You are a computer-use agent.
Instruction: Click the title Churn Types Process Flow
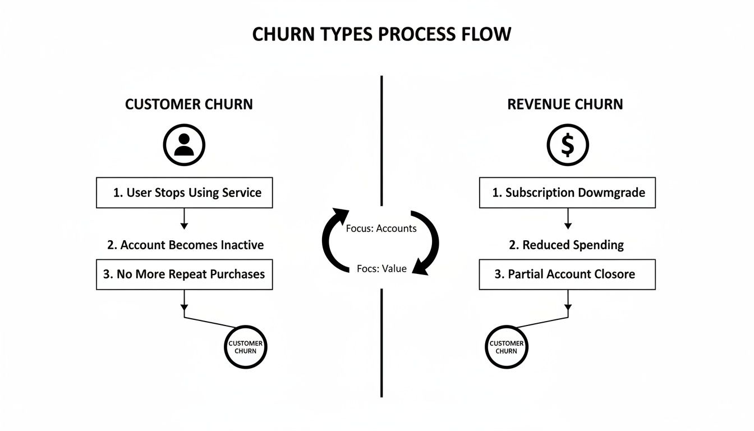[381, 34]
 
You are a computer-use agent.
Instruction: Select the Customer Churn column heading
[189, 104]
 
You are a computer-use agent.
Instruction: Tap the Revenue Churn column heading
[565, 104]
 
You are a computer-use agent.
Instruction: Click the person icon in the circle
[184, 145]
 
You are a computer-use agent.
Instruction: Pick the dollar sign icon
[567, 145]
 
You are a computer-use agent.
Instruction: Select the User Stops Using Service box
[185, 192]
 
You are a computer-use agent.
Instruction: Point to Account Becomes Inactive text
[185, 245]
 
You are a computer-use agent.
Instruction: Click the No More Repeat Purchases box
[185, 274]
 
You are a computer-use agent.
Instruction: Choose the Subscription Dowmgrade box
[567, 192]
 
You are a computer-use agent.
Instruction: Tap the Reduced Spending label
[565, 245]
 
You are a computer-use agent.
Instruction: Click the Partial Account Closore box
[567, 274]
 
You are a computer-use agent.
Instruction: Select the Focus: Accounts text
[381, 228]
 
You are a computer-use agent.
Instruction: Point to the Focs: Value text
[381, 269]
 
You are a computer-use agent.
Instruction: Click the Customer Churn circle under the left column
[246, 347]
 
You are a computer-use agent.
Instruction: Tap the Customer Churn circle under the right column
[507, 347]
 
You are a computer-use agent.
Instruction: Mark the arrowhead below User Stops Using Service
[184, 226]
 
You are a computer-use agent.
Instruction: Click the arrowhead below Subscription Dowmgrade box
[568, 226]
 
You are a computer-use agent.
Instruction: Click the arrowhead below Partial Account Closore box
[568, 308]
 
